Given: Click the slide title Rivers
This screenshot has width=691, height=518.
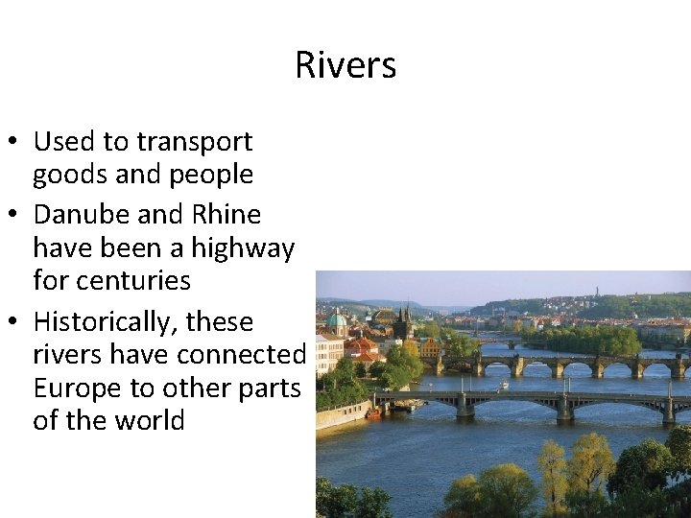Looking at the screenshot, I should (x=345, y=65).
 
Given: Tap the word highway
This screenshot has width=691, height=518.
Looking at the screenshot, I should (x=242, y=248).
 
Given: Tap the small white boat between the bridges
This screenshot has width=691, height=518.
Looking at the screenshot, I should (x=505, y=384).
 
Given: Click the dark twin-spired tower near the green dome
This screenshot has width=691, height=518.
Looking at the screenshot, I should (x=404, y=321).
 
